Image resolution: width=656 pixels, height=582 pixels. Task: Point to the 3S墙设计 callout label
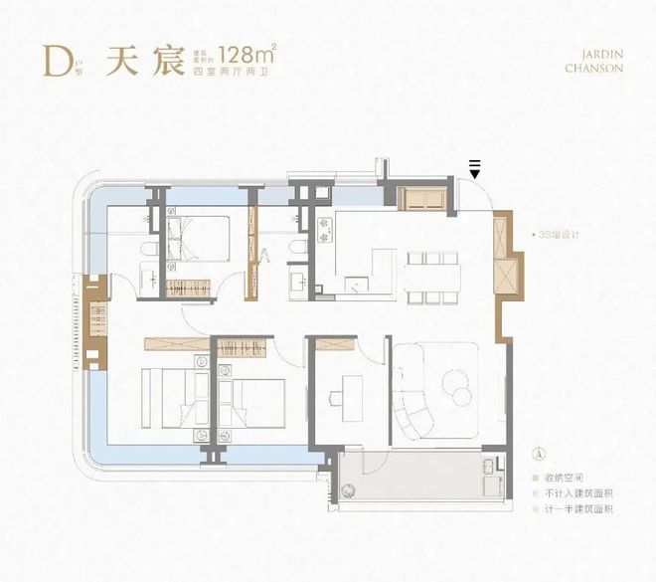click(x=558, y=235)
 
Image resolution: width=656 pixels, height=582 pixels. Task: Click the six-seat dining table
click(x=430, y=276)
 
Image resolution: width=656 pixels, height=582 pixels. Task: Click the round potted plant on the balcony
click(x=348, y=489)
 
